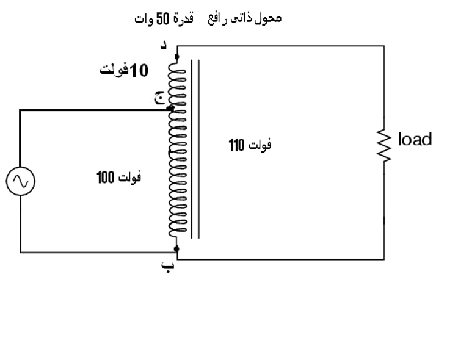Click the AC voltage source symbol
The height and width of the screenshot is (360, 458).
[20, 182]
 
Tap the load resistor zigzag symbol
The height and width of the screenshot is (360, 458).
[383, 146]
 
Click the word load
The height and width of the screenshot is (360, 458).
[415, 139]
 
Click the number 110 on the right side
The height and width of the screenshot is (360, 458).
[237, 145]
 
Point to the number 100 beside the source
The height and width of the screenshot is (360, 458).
[105, 178]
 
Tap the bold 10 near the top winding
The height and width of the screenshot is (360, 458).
[139, 71]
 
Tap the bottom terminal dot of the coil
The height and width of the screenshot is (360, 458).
[176, 248]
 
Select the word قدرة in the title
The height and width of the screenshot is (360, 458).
[185, 18]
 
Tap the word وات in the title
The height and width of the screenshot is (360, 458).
[143, 19]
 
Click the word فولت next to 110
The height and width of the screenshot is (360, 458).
[259, 145]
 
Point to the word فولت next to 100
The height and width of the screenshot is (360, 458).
[129, 178]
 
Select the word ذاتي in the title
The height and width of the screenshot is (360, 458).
[242, 18]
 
